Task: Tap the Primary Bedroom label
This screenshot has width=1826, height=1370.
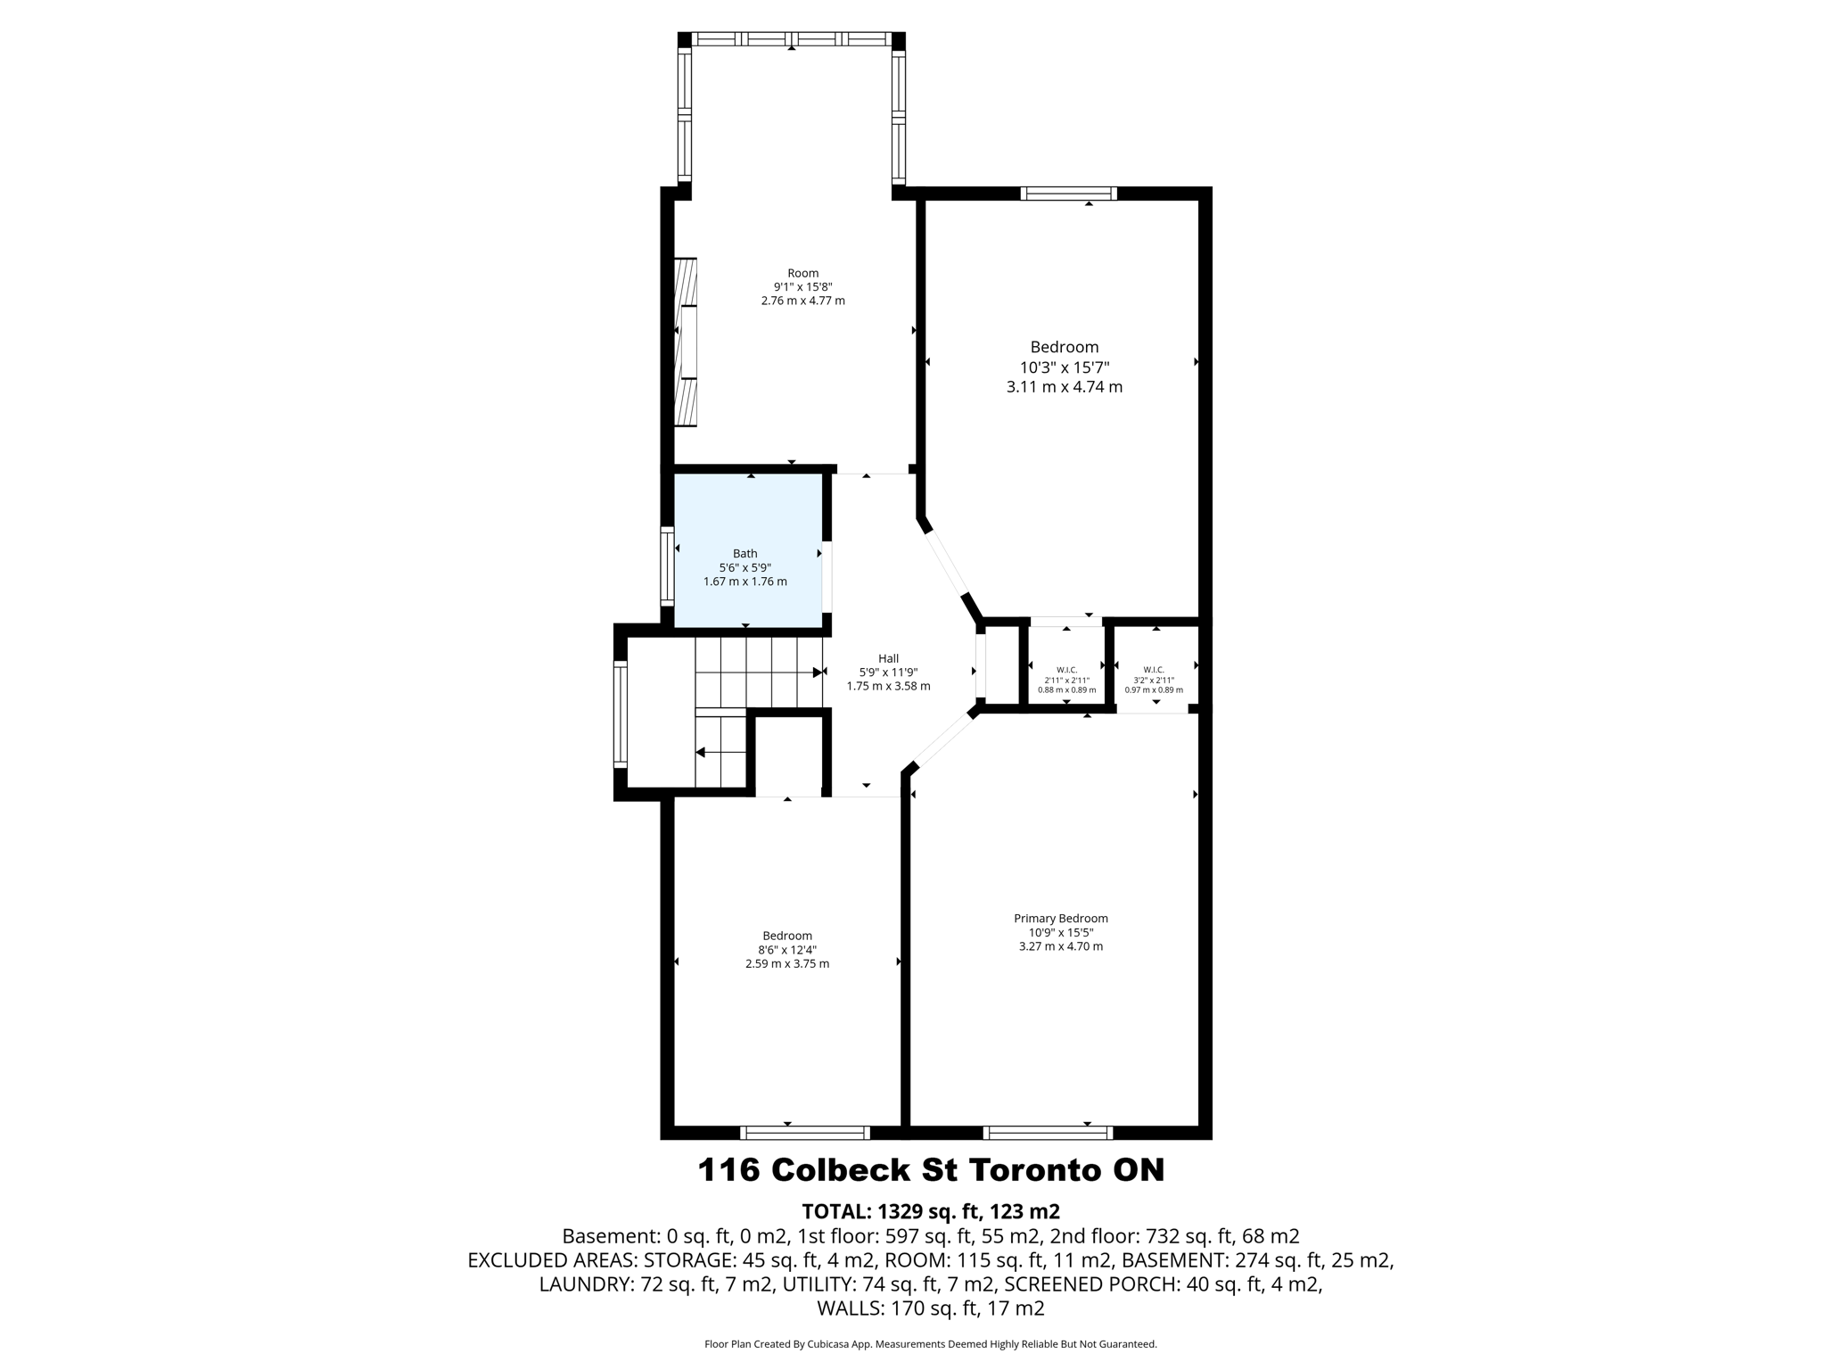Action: point(1060,918)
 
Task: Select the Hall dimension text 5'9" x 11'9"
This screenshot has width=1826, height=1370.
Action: point(888,673)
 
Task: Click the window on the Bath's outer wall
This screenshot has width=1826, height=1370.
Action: point(667,566)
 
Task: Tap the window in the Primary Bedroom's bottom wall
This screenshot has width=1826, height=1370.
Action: point(1048,1133)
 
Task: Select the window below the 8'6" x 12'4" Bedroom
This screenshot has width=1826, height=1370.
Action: point(804,1133)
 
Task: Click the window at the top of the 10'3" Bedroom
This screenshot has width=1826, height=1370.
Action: point(1068,194)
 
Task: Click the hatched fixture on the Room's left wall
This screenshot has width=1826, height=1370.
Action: point(686,342)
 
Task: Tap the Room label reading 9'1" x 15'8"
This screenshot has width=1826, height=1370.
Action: point(802,286)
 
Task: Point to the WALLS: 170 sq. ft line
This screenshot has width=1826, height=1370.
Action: point(930,1308)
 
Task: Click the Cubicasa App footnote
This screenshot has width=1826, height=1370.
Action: point(930,1344)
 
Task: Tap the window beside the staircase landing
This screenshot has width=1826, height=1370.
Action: point(620,714)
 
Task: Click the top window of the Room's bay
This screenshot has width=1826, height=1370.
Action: point(791,39)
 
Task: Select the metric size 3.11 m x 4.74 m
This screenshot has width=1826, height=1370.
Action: point(1064,387)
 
